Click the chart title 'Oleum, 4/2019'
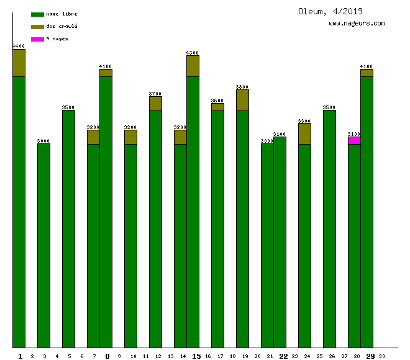[330, 11]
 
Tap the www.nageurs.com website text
[357, 24]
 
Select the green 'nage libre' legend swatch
[37, 14]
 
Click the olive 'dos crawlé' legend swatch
[37, 27]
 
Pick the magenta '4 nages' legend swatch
[37, 39]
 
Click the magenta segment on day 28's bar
[354, 140]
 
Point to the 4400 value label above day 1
[19, 46]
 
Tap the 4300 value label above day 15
[193, 53]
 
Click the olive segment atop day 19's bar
[242, 100]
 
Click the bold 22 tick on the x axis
[283, 356]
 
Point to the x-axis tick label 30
[381, 356]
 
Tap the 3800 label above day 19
[242, 87]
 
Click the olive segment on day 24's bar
[304, 133]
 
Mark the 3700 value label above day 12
[155, 94]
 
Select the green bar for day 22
[280, 242]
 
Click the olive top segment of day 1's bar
[19, 63]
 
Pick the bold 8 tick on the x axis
[107, 356]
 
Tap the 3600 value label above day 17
[217, 101]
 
